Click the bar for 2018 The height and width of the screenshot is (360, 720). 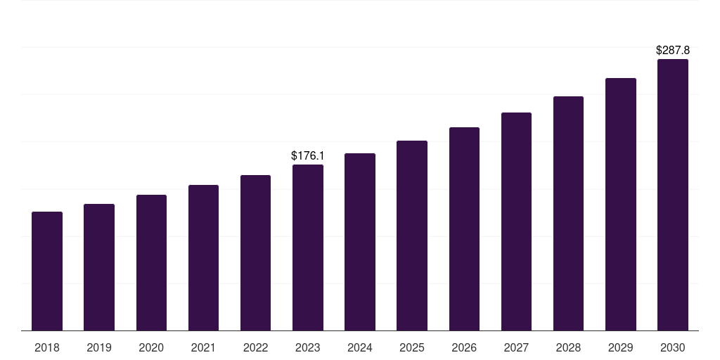click(x=47, y=271)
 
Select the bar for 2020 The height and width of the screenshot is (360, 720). click(x=151, y=262)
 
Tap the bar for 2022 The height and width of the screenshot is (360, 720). click(x=255, y=252)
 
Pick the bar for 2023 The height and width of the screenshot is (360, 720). click(x=308, y=247)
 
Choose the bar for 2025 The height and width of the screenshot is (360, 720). click(x=412, y=236)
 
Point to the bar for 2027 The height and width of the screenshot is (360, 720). click(x=516, y=221)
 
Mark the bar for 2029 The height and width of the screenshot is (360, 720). click(x=620, y=204)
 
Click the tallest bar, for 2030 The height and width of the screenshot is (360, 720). click(x=673, y=195)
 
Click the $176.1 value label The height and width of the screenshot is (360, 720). click(x=308, y=155)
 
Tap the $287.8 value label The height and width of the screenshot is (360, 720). click(x=673, y=51)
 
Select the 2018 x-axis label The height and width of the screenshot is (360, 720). click(x=47, y=348)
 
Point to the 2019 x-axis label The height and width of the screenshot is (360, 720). click(x=99, y=348)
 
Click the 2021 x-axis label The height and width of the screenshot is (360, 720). click(x=203, y=348)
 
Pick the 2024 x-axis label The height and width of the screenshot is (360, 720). click(x=360, y=348)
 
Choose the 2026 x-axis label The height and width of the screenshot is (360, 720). click(x=464, y=348)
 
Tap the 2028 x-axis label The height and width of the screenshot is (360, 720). click(x=568, y=348)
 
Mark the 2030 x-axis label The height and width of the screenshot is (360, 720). click(x=673, y=348)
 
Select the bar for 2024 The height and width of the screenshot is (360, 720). click(x=360, y=242)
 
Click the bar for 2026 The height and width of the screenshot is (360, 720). click(x=464, y=229)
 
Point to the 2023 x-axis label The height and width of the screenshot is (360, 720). click(x=308, y=348)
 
